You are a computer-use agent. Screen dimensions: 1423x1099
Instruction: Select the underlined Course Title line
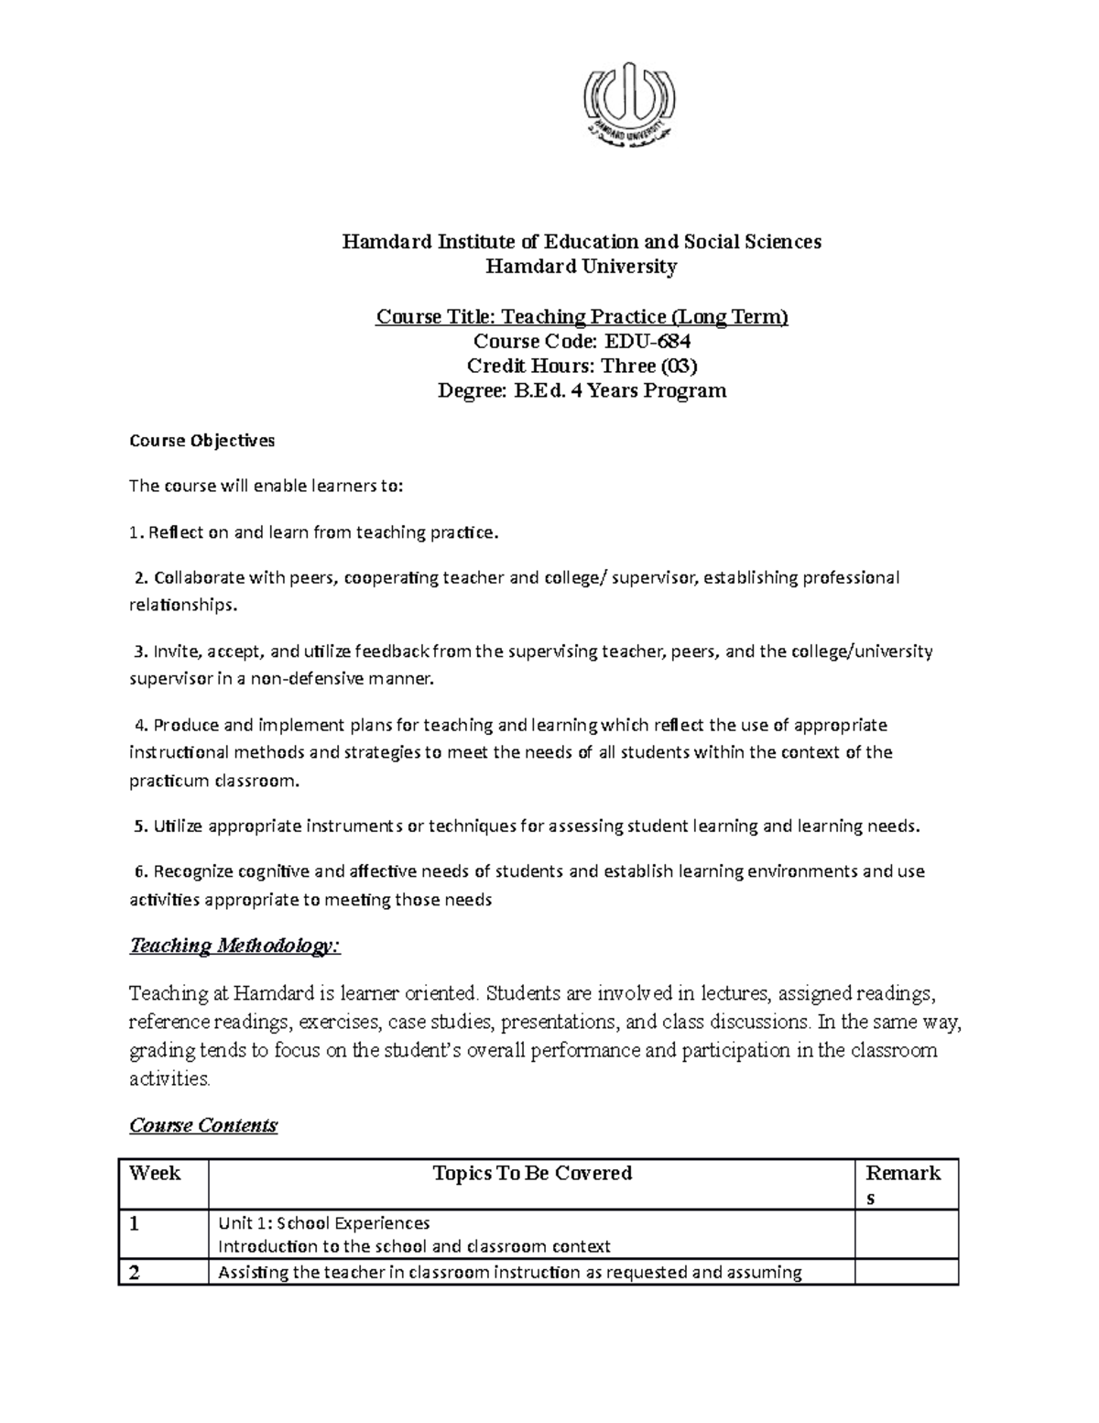(582, 317)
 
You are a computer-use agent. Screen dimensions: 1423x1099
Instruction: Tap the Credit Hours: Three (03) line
(582, 367)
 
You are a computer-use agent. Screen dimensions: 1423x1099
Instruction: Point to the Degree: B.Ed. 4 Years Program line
(582, 391)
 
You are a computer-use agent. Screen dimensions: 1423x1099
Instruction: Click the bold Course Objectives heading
(201, 441)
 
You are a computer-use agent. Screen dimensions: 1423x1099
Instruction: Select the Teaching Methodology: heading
(234, 946)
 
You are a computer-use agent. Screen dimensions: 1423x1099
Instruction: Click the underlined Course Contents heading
(203, 1125)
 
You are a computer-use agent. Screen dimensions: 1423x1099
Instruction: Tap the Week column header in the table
(156, 1174)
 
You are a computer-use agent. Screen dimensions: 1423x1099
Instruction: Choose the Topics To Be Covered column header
(532, 1174)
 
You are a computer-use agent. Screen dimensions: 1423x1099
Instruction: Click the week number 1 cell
(136, 1224)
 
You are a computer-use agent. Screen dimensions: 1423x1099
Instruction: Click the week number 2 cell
(136, 1273)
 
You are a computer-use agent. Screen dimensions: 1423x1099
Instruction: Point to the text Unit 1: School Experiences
(323, 1223)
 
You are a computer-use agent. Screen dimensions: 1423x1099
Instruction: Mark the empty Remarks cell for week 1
(906, 1234)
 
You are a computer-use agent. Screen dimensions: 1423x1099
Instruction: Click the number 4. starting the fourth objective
(140, 726)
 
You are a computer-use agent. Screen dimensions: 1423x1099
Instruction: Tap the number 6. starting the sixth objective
(140, 871)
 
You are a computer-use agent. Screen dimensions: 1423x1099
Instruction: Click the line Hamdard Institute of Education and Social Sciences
(582, 242)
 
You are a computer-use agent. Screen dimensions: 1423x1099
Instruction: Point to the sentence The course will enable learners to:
(266, 487)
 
